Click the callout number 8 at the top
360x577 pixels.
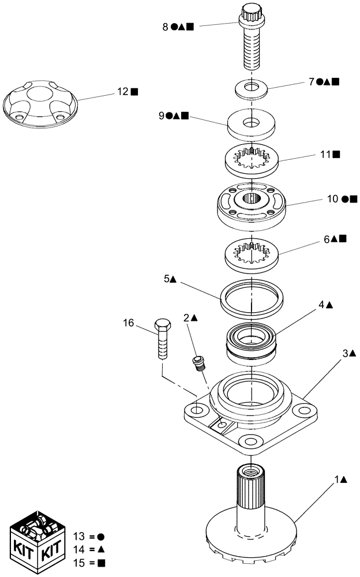pyautogui.click(x=165, y=26)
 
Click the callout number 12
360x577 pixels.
pyautogui.click(x=121, y=91)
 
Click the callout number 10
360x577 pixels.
pyautogui.click(x=332, y=199)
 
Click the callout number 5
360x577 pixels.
pyautogui.click(x=167, y=278)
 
